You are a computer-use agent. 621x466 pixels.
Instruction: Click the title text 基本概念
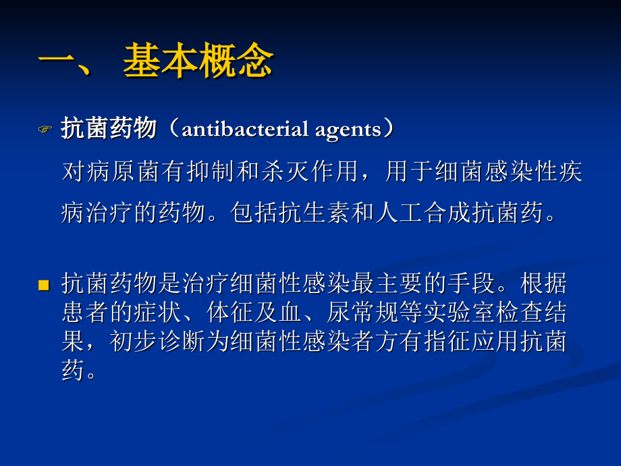click(x=198, y=63)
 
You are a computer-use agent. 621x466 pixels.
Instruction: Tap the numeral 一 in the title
click(x=61, y=63)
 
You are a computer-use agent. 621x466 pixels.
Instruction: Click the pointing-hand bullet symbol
click(x=45, y=129)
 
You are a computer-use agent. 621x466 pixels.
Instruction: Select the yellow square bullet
click(x=45, y=285)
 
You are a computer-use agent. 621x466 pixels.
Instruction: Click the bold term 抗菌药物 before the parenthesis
click(x=109, y=128)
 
